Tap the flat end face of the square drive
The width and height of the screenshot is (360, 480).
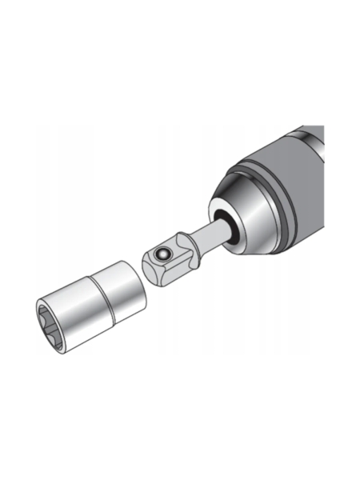click(152, 272)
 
